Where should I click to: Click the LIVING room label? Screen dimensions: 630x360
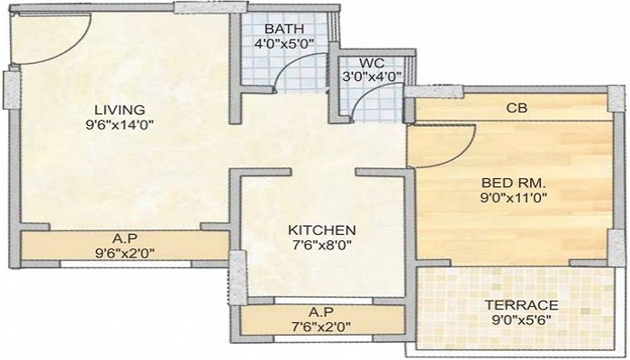pyautogui.click(x=120, y=110)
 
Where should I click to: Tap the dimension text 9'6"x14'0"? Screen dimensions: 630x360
pyautogui.click(x=120, y=125)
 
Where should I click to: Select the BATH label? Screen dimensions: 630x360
pyautogui.click(x=284, y=29)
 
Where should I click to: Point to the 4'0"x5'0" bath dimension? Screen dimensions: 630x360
pyautogui.click(x=284, y=42)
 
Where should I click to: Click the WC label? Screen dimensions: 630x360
pyautogui.click(x=372, y=63)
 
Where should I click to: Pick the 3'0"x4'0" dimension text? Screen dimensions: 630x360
pyautogui.click(x=372, y=76)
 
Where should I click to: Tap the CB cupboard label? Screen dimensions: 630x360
pyautogui.click(x=517, y=108)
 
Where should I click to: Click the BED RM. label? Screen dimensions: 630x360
pyautogui.click(x=514, y=184)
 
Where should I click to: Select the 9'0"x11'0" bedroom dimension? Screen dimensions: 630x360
pyautogui.click(x=515, y=198)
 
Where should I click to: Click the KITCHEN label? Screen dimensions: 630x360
pyautogui.click(x=322, y=230)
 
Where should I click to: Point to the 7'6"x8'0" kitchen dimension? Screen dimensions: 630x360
pyautogui.click(x=322, y=245)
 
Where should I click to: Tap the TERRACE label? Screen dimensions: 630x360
pyautogui.click(x=522, y=305)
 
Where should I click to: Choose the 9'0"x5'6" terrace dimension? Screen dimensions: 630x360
pyautogui.click(x=522, y=319)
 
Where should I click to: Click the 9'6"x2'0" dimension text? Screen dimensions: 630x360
pyautogui.click(x=125, y=253)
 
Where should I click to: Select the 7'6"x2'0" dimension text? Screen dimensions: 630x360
pyautogui.click(x=321, y=326)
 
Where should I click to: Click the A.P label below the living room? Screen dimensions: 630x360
pyautogui.click(x=124, y=238)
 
